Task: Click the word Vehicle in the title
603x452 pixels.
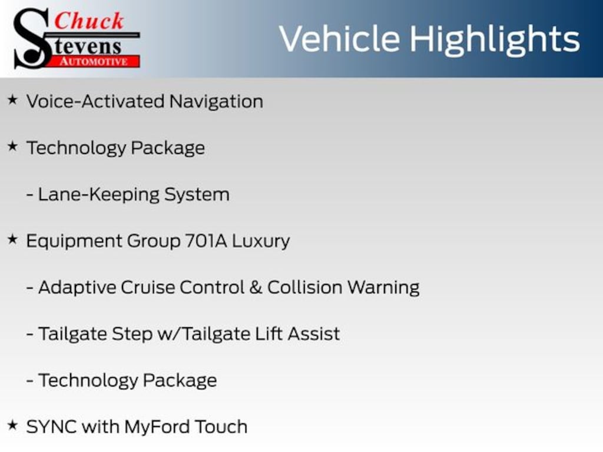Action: point(339,39)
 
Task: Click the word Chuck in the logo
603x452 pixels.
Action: point(89,21)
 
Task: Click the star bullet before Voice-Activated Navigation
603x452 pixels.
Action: point(12,101)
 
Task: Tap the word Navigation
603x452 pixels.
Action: point(216,101)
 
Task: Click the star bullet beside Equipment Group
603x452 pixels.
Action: point(12,240)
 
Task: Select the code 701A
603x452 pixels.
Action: point(201,241)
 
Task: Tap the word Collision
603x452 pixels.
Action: point(304,287)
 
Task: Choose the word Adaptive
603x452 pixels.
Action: point(77,288)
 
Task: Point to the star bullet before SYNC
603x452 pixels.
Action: point(12,426)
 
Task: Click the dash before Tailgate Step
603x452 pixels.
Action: point(29,334)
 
